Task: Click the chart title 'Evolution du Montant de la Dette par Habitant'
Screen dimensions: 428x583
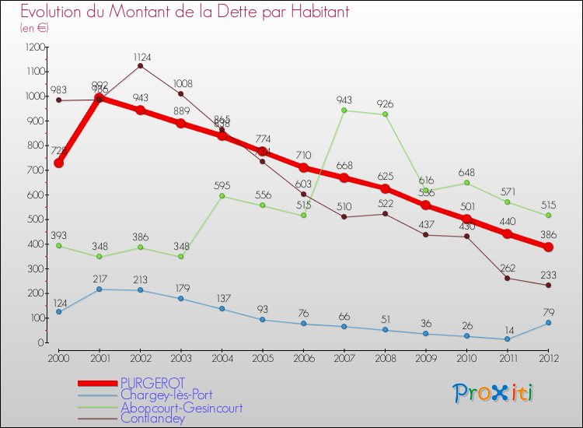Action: coord(185,12)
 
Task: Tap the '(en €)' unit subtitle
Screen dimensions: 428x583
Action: coord(35,27)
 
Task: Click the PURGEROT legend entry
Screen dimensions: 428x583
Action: coord(152,384)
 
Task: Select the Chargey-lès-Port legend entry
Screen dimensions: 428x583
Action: coord(166,395)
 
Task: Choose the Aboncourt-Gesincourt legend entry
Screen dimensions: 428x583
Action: coord(181,407)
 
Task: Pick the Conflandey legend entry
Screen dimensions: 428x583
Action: coord(152,419)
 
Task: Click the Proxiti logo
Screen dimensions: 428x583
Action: coord(494,393)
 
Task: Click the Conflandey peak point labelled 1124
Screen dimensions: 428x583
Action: coord(140,65)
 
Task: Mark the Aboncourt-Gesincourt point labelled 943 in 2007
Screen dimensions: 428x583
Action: coord(344,111)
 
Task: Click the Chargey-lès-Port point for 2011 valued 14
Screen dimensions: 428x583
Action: coord(507,339)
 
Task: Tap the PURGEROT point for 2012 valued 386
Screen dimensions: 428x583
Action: coord(548,247)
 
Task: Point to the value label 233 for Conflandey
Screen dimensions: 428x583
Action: coord(548,274)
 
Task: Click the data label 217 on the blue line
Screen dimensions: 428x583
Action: coord(99,279)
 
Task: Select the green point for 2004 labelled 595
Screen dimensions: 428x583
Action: coord(222,196)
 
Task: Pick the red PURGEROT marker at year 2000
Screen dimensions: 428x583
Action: coord(58,163)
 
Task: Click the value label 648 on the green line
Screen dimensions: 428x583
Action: coord(466,172)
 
